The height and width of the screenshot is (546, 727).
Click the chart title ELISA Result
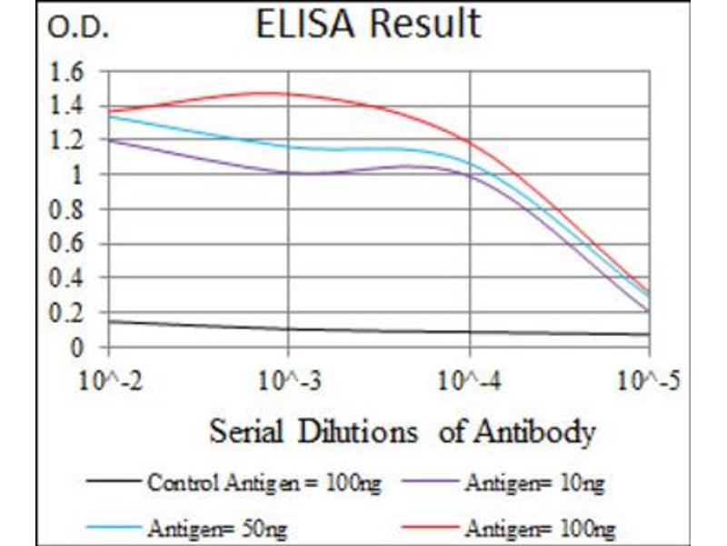tap(367, 25)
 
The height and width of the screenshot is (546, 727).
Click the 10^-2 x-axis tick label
tap(109, 377)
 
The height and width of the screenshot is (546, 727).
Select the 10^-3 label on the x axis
tap(289, 377)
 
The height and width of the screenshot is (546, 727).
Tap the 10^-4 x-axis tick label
tap(470, 377)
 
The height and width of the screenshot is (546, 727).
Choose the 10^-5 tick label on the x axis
tap(650, 377)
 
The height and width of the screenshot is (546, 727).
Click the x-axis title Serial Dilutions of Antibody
tap(403, 430)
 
